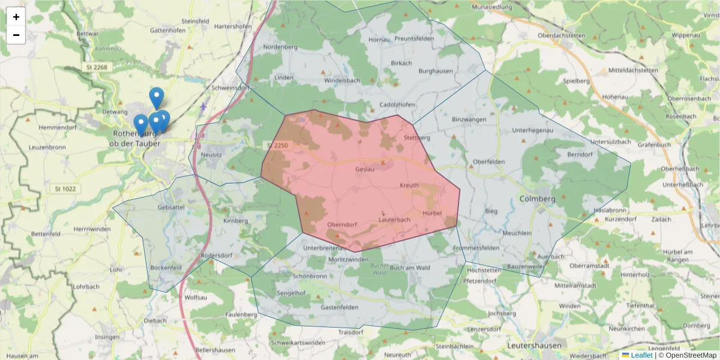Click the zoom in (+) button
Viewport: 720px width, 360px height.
pos(16,17)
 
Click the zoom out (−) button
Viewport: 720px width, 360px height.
pos(16,35)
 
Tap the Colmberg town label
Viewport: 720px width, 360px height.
pos(537,199)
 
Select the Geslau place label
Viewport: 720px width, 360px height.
pos(365,170)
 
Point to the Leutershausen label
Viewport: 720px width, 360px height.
pos(535,346)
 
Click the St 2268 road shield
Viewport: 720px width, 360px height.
pos(96,67)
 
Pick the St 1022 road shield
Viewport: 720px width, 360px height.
pos(65,189)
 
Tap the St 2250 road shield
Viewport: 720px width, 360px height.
pos(278,146)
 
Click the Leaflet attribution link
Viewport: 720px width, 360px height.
pos(641,355)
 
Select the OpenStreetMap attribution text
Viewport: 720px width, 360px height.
pos(687,355)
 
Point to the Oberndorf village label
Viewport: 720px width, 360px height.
pos(343,225)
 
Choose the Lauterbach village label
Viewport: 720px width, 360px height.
pos(394,220)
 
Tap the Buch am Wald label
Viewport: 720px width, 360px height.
pos(410,268)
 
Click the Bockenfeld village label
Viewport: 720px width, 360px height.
pos(166,268)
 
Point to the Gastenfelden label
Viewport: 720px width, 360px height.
pos(340,307)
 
